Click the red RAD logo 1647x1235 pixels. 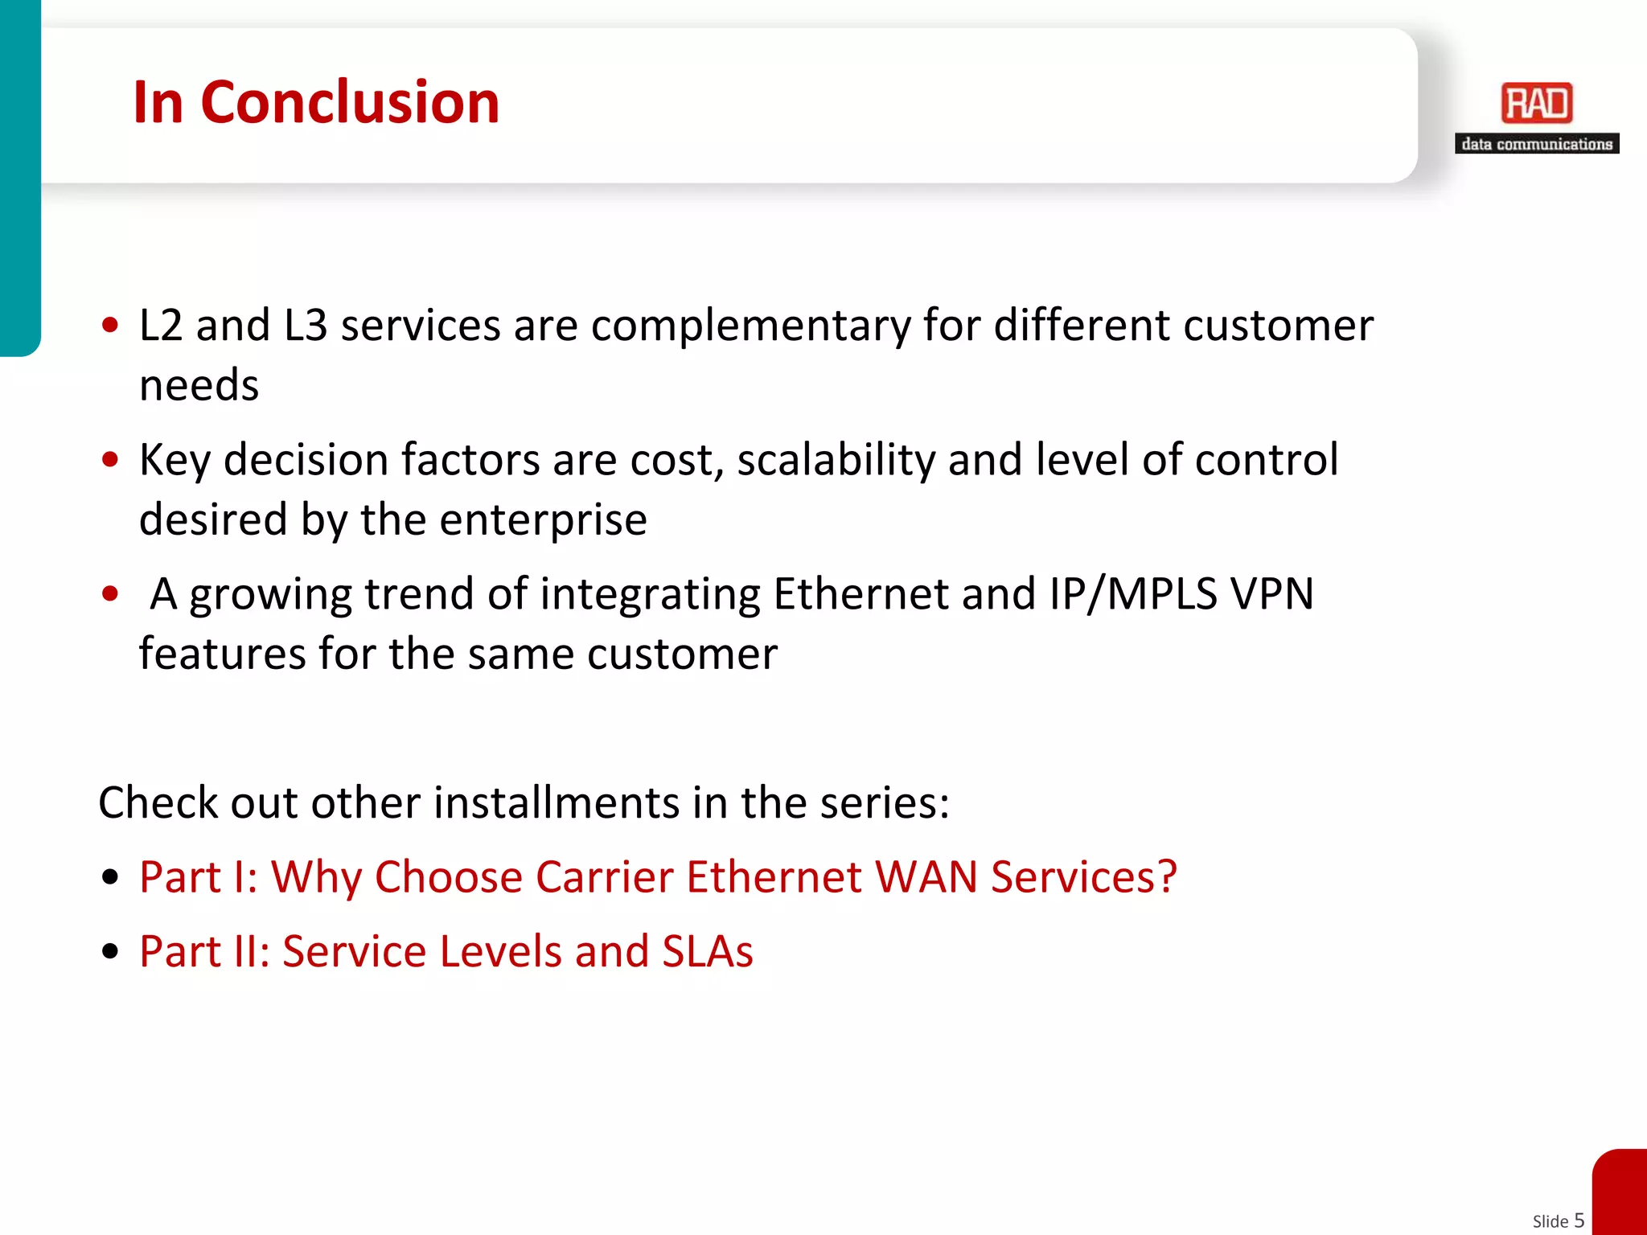click(x=1536, y=103)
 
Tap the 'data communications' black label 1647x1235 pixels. click(x=1536, y=144)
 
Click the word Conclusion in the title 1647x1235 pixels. click(x=350, y=102)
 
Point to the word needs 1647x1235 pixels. click(x=199, y=385)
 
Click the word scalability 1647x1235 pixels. click(x=836, y=460)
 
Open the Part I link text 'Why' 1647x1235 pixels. click(x=316, y=877)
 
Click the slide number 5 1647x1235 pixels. click(x=1579, y=1220)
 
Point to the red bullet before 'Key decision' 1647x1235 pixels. click(x=111, y=460)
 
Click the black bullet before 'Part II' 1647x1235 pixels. click(x=111, y=952)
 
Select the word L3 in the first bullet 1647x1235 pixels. click(x=306, y=326)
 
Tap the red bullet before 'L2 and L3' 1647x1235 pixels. click(x=111, y=326)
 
